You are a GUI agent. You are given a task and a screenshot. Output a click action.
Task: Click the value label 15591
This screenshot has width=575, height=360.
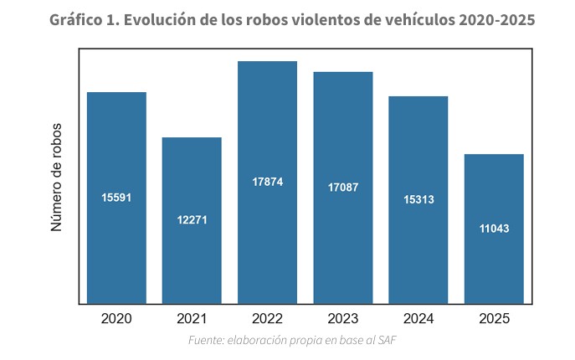(x=116, y=198)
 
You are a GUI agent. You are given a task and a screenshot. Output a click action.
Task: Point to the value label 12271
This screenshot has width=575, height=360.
(x=192, y=220)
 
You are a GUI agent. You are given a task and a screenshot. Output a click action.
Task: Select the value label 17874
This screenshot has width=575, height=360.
(x=267, y=182)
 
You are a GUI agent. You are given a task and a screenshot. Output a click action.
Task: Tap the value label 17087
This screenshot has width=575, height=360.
(x=343, y=188)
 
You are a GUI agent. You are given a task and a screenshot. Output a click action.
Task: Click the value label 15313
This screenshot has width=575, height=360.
(x=418, y=199)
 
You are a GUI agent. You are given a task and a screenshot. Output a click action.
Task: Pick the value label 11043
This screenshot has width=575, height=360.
(x=494, y=229)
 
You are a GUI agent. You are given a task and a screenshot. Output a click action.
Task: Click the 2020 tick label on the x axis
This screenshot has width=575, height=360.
(x=116, y=318)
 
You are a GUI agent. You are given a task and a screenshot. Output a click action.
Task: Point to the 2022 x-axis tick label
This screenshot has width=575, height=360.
(x=267, y=318)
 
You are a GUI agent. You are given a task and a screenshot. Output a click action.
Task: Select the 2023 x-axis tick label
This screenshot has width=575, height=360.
(x=343, y=318)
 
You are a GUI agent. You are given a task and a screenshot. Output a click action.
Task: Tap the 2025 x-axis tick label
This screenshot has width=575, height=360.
(x=494, y=318)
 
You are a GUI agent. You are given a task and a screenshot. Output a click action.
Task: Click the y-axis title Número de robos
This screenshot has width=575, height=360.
(x=57, y=177)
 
